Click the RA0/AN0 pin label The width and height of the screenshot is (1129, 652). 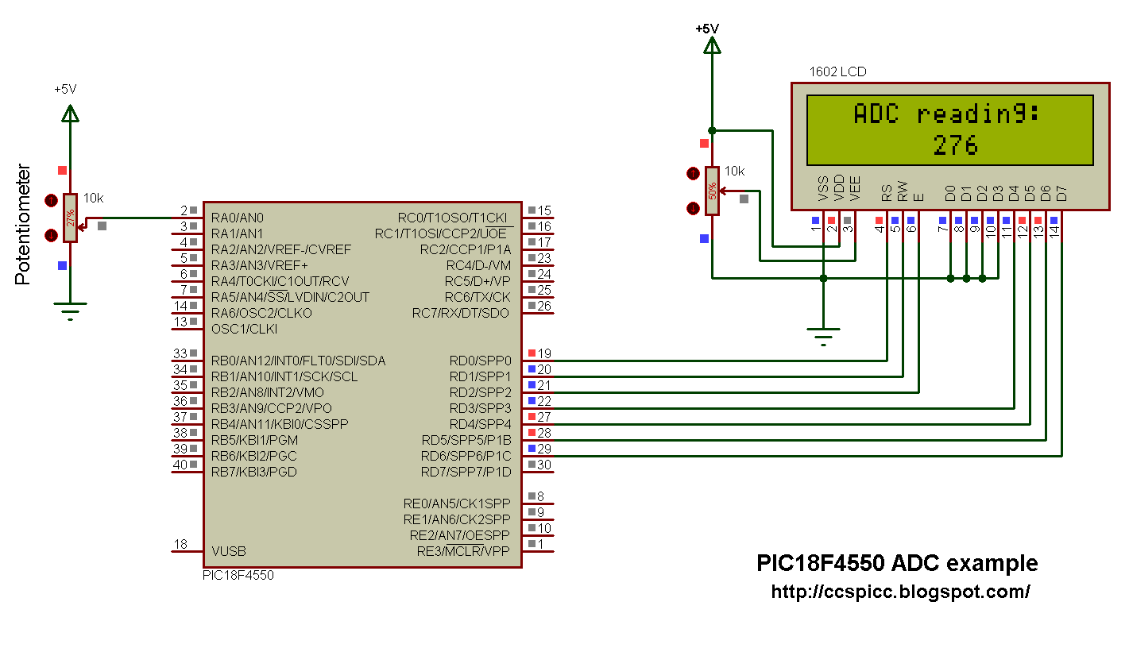point(238,218)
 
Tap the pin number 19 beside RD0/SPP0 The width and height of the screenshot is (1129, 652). point(543,353)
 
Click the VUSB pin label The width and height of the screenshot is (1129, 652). point(229,551)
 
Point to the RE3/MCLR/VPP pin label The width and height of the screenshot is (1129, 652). point(463,551)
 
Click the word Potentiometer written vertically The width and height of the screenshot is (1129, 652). point(23,225)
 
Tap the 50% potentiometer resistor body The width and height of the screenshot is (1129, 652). point(713,191)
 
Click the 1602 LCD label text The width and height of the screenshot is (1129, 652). point(837,71)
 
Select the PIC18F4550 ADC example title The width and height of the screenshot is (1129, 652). point(896,564)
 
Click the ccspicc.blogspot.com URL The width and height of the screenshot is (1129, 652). point(900,592)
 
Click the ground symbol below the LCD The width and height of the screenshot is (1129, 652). point(824,334)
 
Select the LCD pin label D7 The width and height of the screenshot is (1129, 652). point(1061,192)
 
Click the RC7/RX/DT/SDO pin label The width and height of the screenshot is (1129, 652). point(461,313)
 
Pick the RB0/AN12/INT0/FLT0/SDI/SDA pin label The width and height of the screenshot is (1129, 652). point(298,361)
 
